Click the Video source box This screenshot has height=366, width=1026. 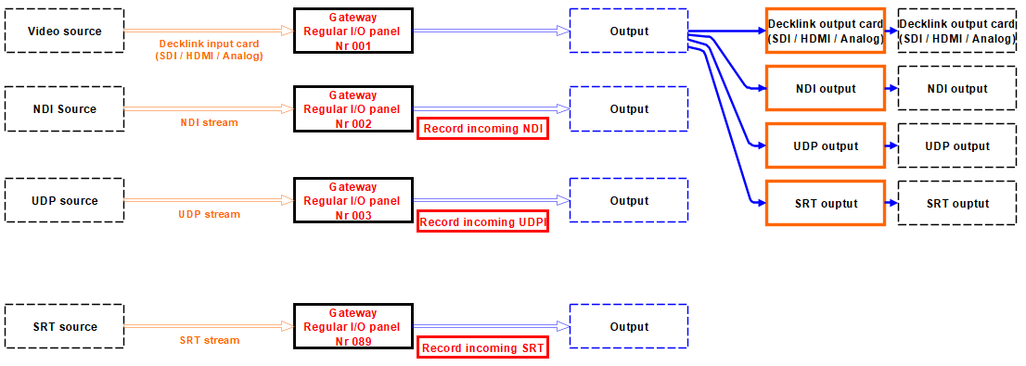[x=64, y=31]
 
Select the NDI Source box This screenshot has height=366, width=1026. [x=64, y=109]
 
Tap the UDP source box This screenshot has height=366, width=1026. [x=64, y=201]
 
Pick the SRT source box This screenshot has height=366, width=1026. [x=64, y=327]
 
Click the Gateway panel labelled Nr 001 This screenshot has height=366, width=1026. [x=353, y=31]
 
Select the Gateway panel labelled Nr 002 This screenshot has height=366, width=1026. [x=353, y=109]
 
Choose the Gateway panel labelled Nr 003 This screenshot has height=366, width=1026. [x=353, y=201]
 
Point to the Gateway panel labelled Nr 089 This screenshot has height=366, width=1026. [x=353, y=327]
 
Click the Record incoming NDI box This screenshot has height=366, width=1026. [x=483, y=129]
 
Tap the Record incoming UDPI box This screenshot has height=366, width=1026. [x=483, y=222]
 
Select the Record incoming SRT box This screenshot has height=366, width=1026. [x=483, y=348]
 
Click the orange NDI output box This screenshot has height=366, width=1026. [x=826, y=89]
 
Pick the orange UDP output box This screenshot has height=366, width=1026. [x=826, y=145]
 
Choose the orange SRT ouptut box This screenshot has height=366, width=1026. [x=826, y=203]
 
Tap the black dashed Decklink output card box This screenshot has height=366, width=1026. [x=956, y=32]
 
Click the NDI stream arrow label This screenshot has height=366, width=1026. [x=210, y=122]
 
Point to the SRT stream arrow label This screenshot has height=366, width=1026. [x=210, y=340]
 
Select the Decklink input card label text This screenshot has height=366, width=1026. [x=210, y=50]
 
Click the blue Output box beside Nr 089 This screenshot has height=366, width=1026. [x=629, y=327]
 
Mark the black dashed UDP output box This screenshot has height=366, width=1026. [x=956, y=145]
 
